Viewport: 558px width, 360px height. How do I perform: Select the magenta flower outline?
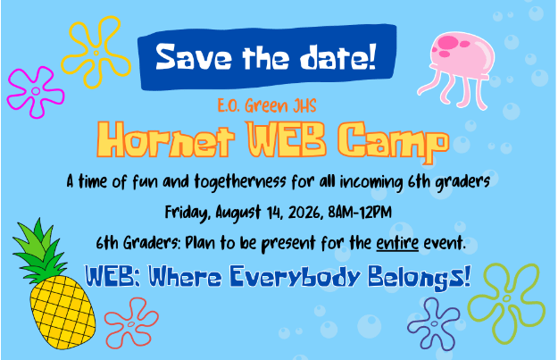(x=35, y=91)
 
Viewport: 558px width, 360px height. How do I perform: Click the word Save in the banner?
(x=194, y=57)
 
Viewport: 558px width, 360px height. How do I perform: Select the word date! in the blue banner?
(x=337, y=57)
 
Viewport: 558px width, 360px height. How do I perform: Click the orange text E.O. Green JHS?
(x=267, y=105)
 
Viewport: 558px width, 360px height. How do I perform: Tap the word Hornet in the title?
(x=165, y=139)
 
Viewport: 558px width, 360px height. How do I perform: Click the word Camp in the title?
(x=393, y=141)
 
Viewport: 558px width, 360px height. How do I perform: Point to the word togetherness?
(x=240, y=181)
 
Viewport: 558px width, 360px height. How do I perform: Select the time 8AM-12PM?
(x=360, y=213)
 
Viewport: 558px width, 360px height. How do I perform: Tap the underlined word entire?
(x=397, y=244)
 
